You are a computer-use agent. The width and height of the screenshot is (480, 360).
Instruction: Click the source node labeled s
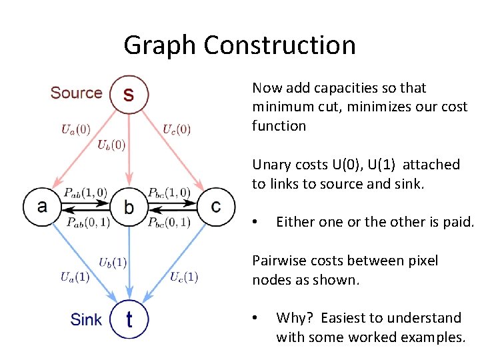click(x=129, y=94)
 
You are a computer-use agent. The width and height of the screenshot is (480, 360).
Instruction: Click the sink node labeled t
click(x=129, y=319)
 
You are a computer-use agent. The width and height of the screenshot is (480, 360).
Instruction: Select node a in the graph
click(x=42, y=206)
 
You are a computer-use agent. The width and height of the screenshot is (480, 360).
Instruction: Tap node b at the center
click(x=129, y=206)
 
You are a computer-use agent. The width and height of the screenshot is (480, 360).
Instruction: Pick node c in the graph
click(x=215, y=206)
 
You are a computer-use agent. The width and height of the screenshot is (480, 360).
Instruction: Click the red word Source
click(x=76, y=93)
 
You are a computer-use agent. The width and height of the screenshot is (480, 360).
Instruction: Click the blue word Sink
click(x=86, y=319)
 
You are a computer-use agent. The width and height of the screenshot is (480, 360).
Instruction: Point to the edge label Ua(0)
click(x=76, y=130)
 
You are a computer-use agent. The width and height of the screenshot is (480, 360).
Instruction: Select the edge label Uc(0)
click(x=177, y=130)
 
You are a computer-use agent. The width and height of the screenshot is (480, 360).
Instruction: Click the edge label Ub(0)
click(x=111, y=144)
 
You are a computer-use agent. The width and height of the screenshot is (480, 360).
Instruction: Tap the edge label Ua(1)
click(x=75, y=277)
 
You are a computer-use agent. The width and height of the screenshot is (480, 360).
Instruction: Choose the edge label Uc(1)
click(x=184, y=277)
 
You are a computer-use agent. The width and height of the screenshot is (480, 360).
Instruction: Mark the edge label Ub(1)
click(x=113, y=263)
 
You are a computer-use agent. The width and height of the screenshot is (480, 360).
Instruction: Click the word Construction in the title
click(x=279, y=45)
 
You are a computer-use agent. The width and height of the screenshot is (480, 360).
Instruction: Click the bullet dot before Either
click(x=255, y=223)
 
